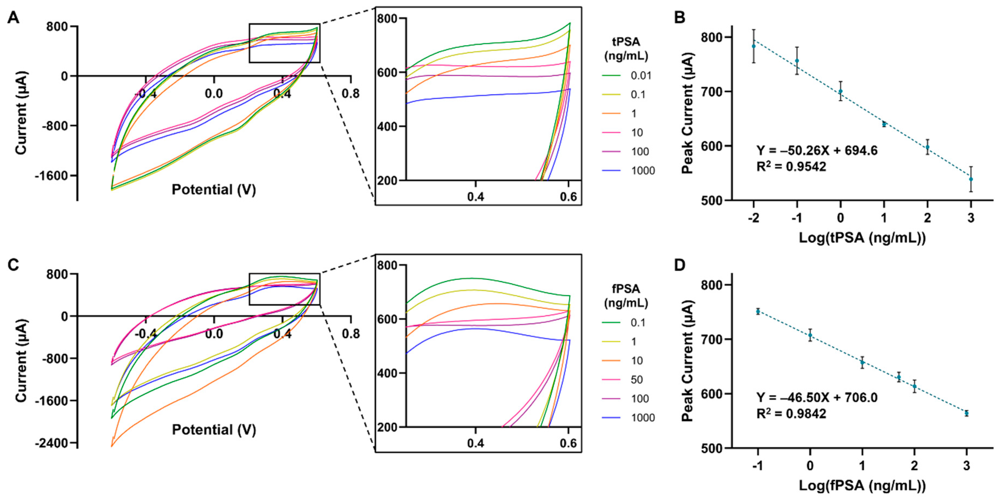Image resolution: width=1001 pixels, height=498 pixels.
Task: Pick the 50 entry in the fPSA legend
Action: pos(637,379)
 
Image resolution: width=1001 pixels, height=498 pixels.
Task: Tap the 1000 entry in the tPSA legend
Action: pos(643,171)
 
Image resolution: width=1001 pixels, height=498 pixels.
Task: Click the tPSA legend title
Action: pos(626,49)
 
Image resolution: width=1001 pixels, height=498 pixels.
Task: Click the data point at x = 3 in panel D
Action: pos(966,413)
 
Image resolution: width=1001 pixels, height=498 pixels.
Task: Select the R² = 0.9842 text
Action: pos(791,414)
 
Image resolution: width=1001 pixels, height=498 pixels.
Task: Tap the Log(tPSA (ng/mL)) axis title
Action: pos(862,238)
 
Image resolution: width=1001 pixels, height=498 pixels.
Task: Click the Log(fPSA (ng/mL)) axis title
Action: pos(862,486)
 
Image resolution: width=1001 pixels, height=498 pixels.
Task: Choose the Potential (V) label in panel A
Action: pos(214,190)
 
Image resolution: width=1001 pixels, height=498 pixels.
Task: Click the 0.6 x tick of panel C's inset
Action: pos(568,443)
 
